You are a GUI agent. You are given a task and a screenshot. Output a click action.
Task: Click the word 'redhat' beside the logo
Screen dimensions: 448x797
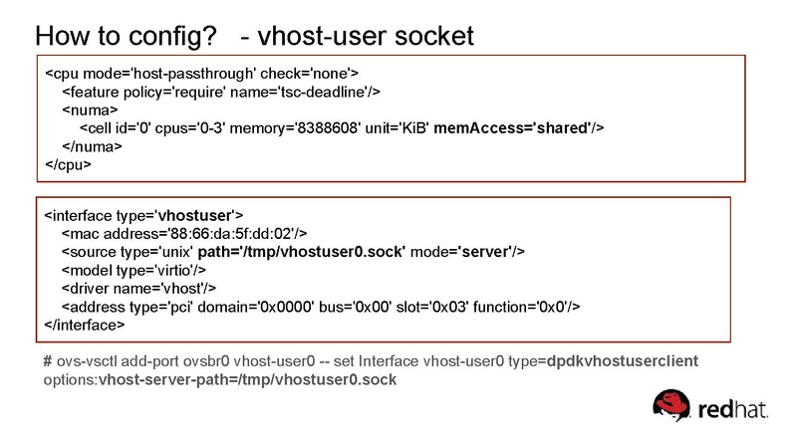click(736, 409)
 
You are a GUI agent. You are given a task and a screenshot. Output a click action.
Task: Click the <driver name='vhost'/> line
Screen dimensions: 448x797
click(127, 288)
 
